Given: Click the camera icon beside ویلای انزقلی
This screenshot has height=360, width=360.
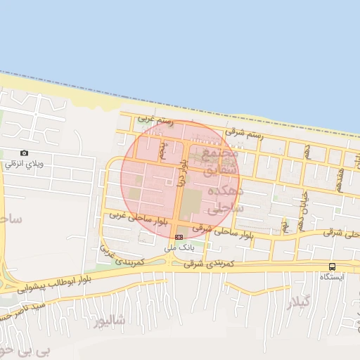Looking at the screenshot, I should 25,153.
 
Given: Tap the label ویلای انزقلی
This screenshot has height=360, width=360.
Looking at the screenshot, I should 25,164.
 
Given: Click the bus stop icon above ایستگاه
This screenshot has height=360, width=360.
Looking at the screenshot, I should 332,266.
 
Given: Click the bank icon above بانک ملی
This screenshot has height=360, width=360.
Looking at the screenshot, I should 179,237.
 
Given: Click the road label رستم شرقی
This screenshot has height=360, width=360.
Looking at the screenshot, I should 245,131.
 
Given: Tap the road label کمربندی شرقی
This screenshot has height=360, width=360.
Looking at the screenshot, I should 208,262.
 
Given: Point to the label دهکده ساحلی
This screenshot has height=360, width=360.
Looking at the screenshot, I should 227,200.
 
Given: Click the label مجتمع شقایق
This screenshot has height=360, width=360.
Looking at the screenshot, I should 219,161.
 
